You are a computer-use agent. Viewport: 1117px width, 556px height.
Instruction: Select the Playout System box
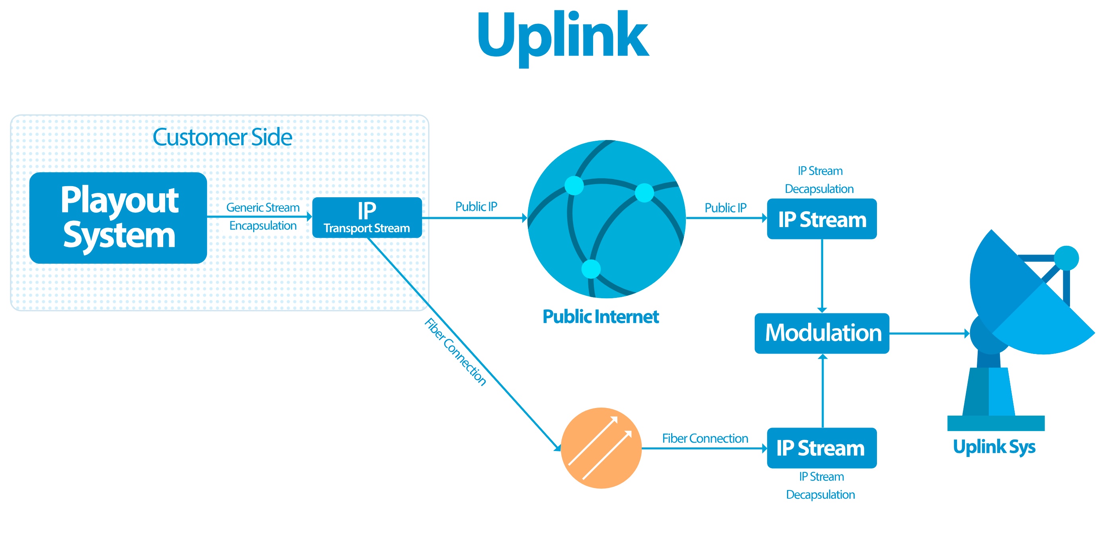[118, 218]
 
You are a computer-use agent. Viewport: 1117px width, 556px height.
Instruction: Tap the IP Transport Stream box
[367, 218]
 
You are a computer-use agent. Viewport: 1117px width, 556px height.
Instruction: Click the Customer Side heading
[222, 137]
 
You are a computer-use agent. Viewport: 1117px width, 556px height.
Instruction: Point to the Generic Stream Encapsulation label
[263, 216]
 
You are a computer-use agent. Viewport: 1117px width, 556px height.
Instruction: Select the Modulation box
[822, 333]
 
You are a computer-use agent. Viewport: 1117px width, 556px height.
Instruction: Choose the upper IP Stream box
[822, 219]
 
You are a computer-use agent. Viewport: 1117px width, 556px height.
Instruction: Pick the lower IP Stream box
[822, 448]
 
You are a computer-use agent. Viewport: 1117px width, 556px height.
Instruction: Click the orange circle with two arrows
[601, 448]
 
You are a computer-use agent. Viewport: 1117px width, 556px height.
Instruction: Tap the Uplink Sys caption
[994, 447]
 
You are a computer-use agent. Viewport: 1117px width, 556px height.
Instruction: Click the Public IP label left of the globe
[476, 207]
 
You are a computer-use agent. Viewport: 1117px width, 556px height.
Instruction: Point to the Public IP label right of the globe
[725, 208]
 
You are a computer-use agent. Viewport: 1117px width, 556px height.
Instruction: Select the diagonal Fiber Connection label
[455, 352]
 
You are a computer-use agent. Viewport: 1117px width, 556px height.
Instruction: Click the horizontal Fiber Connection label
[705, 439]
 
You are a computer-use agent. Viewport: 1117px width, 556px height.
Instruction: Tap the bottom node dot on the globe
[591, 269]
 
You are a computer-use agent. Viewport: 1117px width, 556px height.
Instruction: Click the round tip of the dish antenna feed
[1066, 258]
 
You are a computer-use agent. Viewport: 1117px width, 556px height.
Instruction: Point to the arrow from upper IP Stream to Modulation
[822, 276]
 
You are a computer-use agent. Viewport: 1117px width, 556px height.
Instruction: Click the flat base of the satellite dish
[996, 423]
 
